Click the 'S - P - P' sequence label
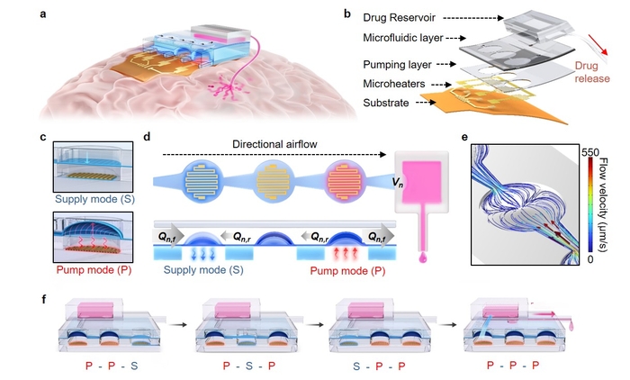(378, 367)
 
